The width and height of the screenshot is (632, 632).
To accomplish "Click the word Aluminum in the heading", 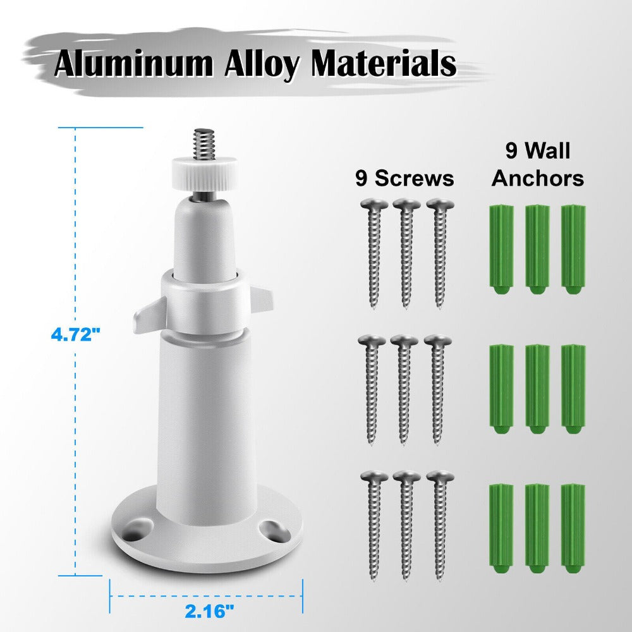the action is tap(133, 64).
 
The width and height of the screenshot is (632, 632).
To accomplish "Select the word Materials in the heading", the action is tap(384, 63).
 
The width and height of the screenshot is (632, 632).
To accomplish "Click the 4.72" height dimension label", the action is tap(75, 334).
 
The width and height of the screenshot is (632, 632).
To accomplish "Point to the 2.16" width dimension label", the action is tap(210, 611).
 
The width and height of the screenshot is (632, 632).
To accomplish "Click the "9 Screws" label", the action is tap(404, 178).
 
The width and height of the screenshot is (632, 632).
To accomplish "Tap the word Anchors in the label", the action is tap(538, 178).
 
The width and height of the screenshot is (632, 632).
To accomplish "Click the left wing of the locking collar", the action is tap(149, 317).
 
